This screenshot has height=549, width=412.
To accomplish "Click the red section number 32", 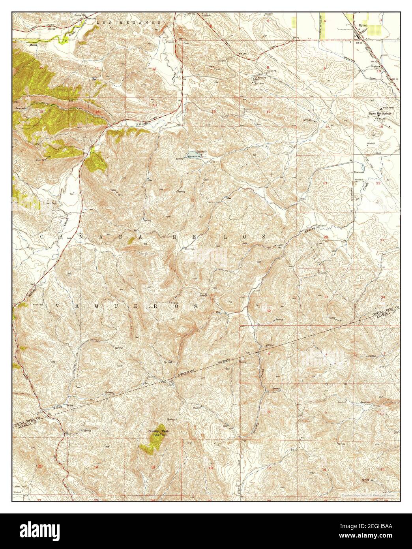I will (x=269, y=311).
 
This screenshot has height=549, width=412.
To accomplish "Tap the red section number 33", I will (x=326, y=297).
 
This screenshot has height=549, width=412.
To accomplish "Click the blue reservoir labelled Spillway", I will (x=191, y=153).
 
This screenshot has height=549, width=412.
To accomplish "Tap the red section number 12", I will (x=154, y=69).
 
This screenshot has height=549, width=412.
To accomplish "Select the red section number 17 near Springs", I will (x=268, y=112).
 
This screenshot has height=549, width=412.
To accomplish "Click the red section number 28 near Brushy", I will (x=326, y=237).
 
